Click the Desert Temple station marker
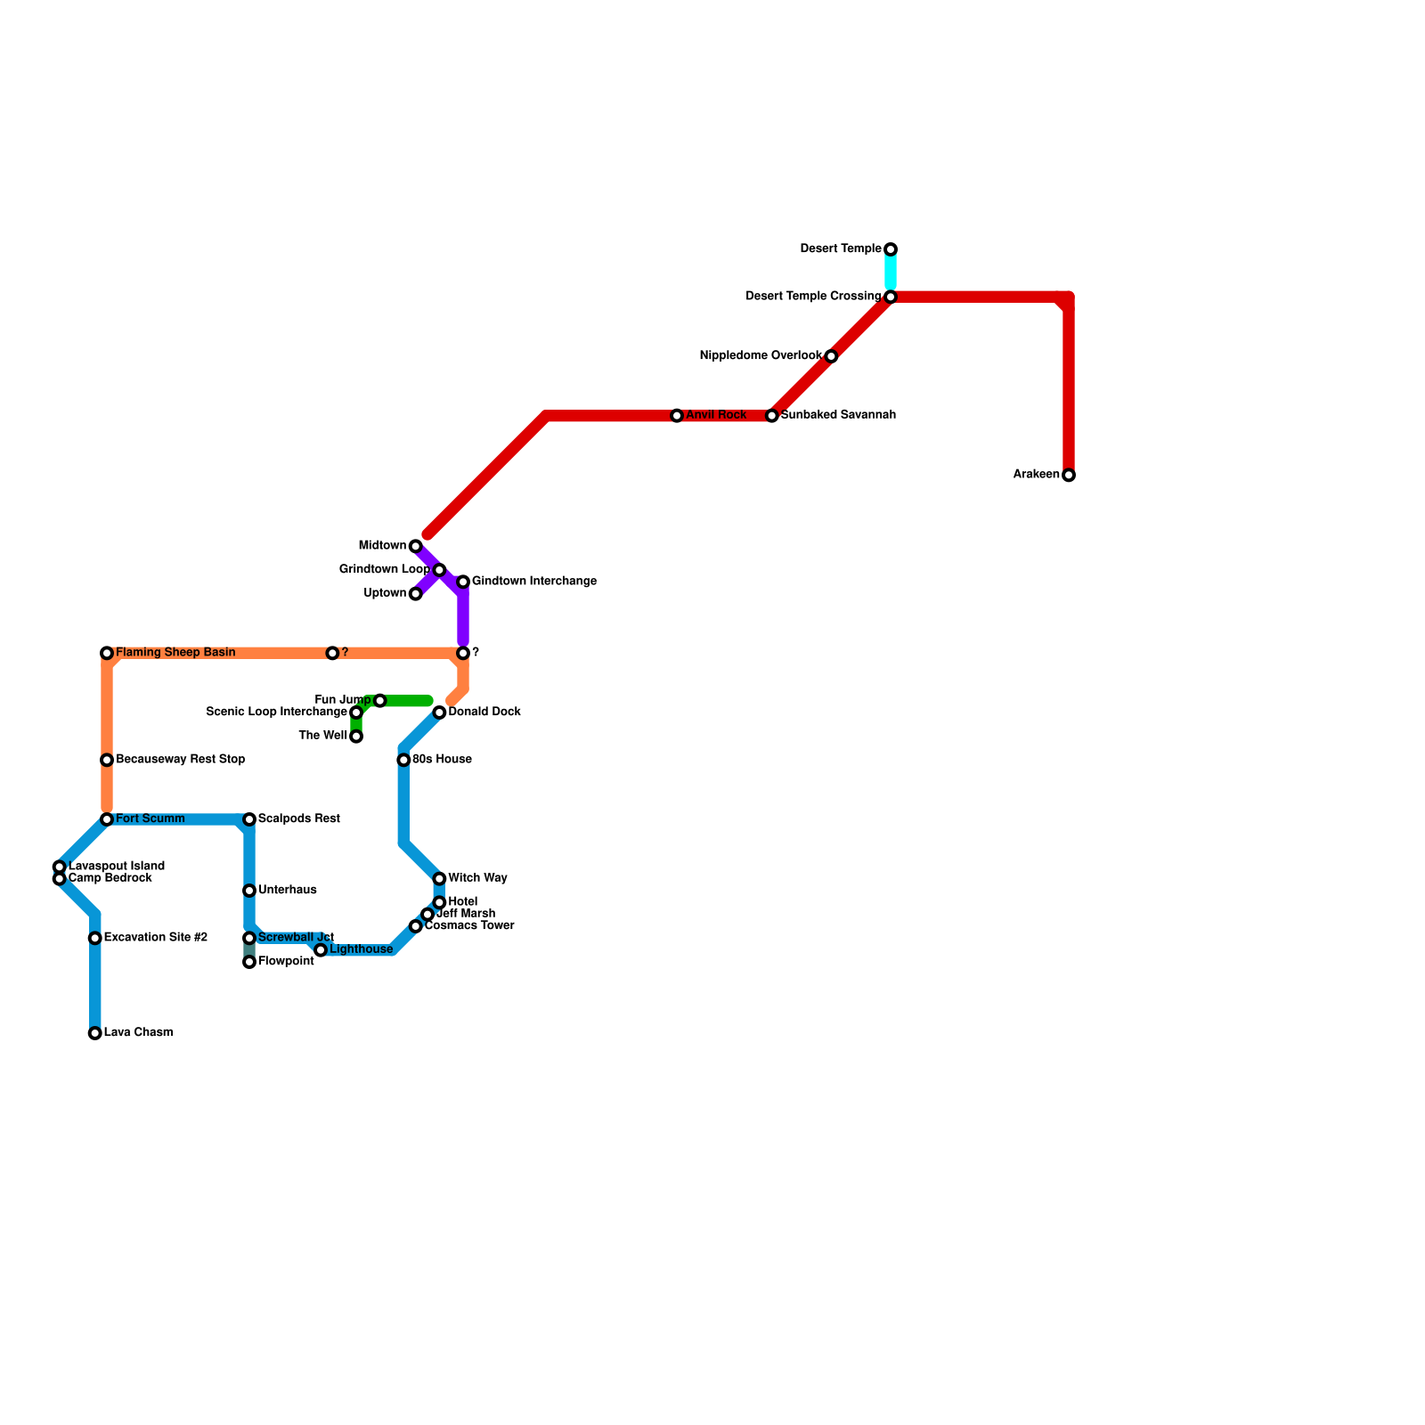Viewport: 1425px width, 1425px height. pos(891,249)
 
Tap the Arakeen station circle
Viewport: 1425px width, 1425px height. pos(1069,476)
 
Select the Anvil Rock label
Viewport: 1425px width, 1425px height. pos(716,415)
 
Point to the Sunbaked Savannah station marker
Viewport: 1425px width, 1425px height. pos(772,416)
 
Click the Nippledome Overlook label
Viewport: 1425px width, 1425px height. pos(761,356)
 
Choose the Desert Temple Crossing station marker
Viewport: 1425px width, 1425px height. pos(891,297)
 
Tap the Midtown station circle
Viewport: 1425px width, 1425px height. pos(416,546)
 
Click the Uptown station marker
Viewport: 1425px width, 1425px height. pos(416,594)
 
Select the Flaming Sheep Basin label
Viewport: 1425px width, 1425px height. pos(175,653)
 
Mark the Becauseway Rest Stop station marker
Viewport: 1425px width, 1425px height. pos(107,760)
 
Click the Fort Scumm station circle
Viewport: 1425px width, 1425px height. pos(107,819)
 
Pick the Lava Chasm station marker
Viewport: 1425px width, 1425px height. pos(95,1033)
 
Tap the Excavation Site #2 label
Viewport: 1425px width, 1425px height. pos(155,938)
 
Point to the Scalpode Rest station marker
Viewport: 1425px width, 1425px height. pos(249,819)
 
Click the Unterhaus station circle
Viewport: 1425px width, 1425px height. pos(249,891)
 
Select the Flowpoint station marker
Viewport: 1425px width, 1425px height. pos(249,962)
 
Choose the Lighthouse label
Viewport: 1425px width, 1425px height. pos(361,950)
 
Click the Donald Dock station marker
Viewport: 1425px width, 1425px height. pos(439,712)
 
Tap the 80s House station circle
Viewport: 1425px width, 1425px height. pos(403,760)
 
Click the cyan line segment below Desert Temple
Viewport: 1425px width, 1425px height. pos(891,273)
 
